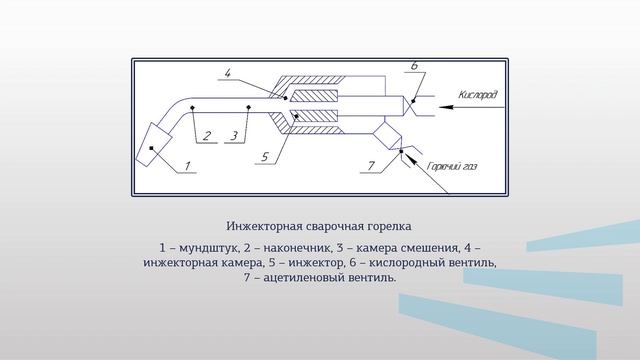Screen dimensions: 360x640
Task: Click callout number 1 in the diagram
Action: [x=189, y=166]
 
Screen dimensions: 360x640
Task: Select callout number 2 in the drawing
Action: [x=206, y=136]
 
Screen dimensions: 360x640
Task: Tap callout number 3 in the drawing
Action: [x=234, y=136]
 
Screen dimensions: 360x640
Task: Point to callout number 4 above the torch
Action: [x=229, y=73]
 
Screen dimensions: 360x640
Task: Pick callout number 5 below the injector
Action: [x=264, y=157]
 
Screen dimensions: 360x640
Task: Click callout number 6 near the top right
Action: [x=414, y=66]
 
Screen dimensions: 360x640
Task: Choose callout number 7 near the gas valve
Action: [x=371, y=165]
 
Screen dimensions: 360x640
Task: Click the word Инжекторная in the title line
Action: [x=264, y=226]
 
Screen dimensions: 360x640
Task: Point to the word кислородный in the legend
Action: [x=412, y=262]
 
